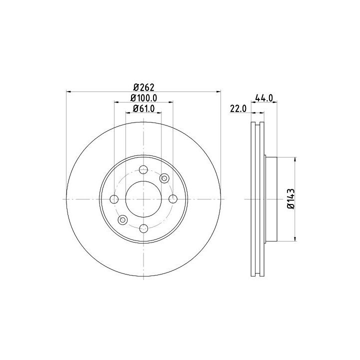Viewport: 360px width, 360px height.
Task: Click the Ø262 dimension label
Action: [x=143, y=87]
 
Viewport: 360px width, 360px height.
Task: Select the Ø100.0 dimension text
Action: [x=143, y=98]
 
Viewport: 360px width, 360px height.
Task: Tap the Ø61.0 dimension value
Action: [x=143, y=108]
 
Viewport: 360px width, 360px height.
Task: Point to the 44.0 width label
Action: [x=264, y=98]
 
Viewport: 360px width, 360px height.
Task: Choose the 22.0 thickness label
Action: [x=238, y=108]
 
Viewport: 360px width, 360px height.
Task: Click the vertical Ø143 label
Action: [x=290, y=199]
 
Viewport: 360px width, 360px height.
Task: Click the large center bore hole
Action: [x=143, y=199]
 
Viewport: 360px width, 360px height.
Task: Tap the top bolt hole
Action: [x=143, y=170]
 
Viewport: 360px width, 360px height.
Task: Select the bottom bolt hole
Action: [x=143, y=228]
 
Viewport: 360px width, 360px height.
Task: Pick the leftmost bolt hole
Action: [x=114, y=199]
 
